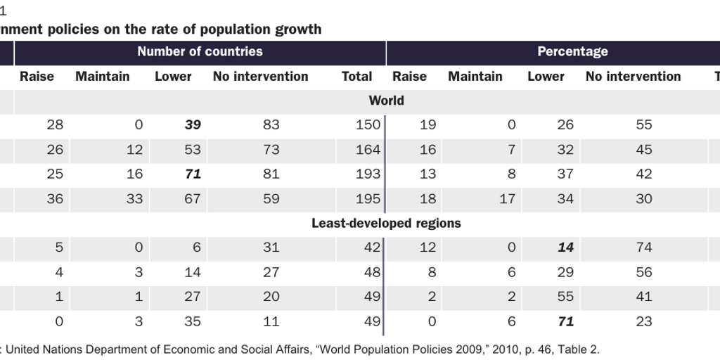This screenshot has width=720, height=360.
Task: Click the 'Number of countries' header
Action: (200, 51)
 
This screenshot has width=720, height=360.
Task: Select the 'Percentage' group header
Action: (572, 51)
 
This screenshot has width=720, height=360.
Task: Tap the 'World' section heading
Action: (386, 101)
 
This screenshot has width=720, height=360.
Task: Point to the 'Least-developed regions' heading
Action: (386, 224)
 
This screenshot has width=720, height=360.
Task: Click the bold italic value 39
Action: (193, 125)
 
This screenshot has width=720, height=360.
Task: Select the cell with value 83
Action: (271, 125)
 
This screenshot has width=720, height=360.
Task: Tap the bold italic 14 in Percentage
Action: (565, 247)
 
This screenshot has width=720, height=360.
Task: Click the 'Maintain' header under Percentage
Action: (475, 77)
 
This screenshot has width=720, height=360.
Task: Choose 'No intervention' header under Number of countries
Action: (260, 77)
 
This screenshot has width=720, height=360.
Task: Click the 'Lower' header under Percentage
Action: (546, 77)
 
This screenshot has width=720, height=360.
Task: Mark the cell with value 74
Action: (643, 247)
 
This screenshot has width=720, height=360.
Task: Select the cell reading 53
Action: (192, 150)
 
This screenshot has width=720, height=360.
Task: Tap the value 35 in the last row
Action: (192, 322)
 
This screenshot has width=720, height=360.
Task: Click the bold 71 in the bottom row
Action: (565, 322)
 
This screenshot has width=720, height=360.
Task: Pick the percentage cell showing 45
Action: (643, 150)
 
